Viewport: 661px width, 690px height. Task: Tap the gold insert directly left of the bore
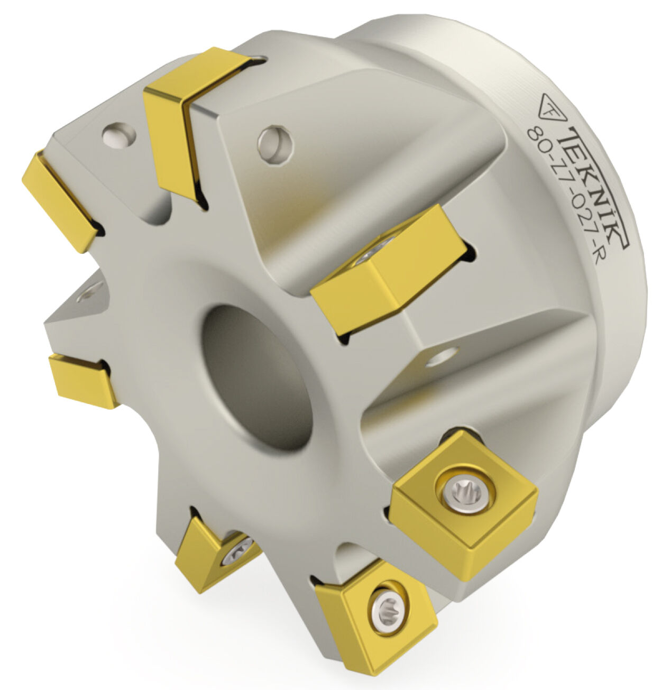[x=81, y=380]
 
